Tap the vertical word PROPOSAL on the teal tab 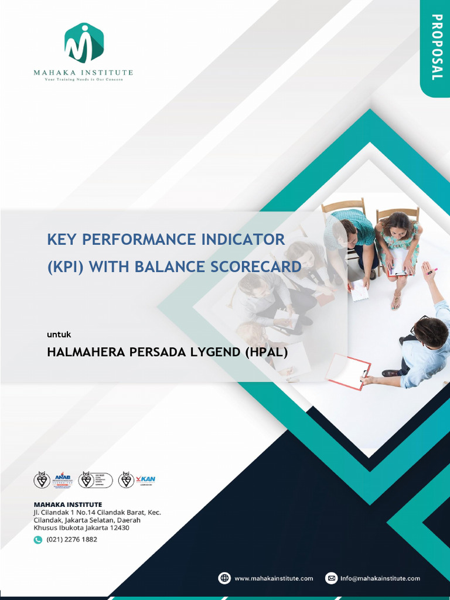tap(436, 47)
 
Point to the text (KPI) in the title tap(66, 267)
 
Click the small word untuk tap(59, 335)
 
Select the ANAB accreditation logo tap(62, 480)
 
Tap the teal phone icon tap(38, 540)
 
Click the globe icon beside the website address tap(224, 578)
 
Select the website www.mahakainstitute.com tap(274, 578)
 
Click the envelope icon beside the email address tap(331, 578)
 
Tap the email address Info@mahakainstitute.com tap(381, 578)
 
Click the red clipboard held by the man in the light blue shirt tap(348, 371)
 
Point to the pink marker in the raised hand tap(432, 271)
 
